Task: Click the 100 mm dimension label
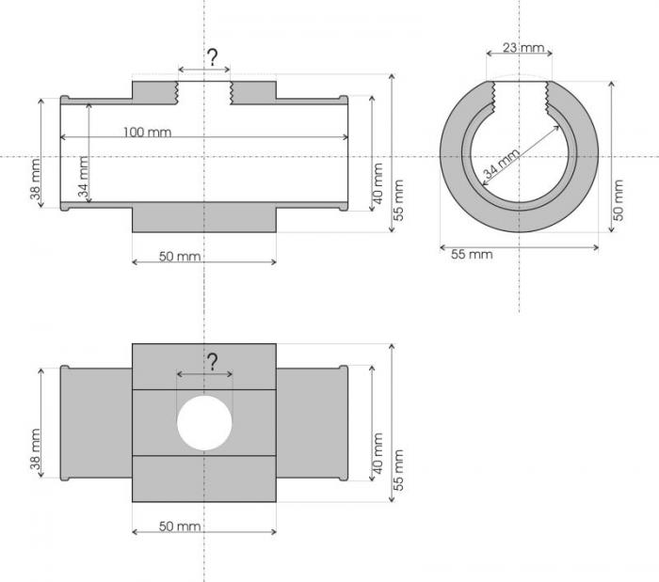pos(147,132)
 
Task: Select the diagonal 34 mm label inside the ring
pos(501,165)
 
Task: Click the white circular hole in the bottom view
pos(204,422)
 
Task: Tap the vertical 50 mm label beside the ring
pos(618,199)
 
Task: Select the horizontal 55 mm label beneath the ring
pos(471,254)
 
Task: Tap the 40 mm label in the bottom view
pos(378,451)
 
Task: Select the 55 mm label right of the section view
pos(398,199)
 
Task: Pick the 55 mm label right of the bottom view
pos(398,469)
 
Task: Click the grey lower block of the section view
pos(204,217)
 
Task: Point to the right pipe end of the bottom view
pos(312,422)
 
